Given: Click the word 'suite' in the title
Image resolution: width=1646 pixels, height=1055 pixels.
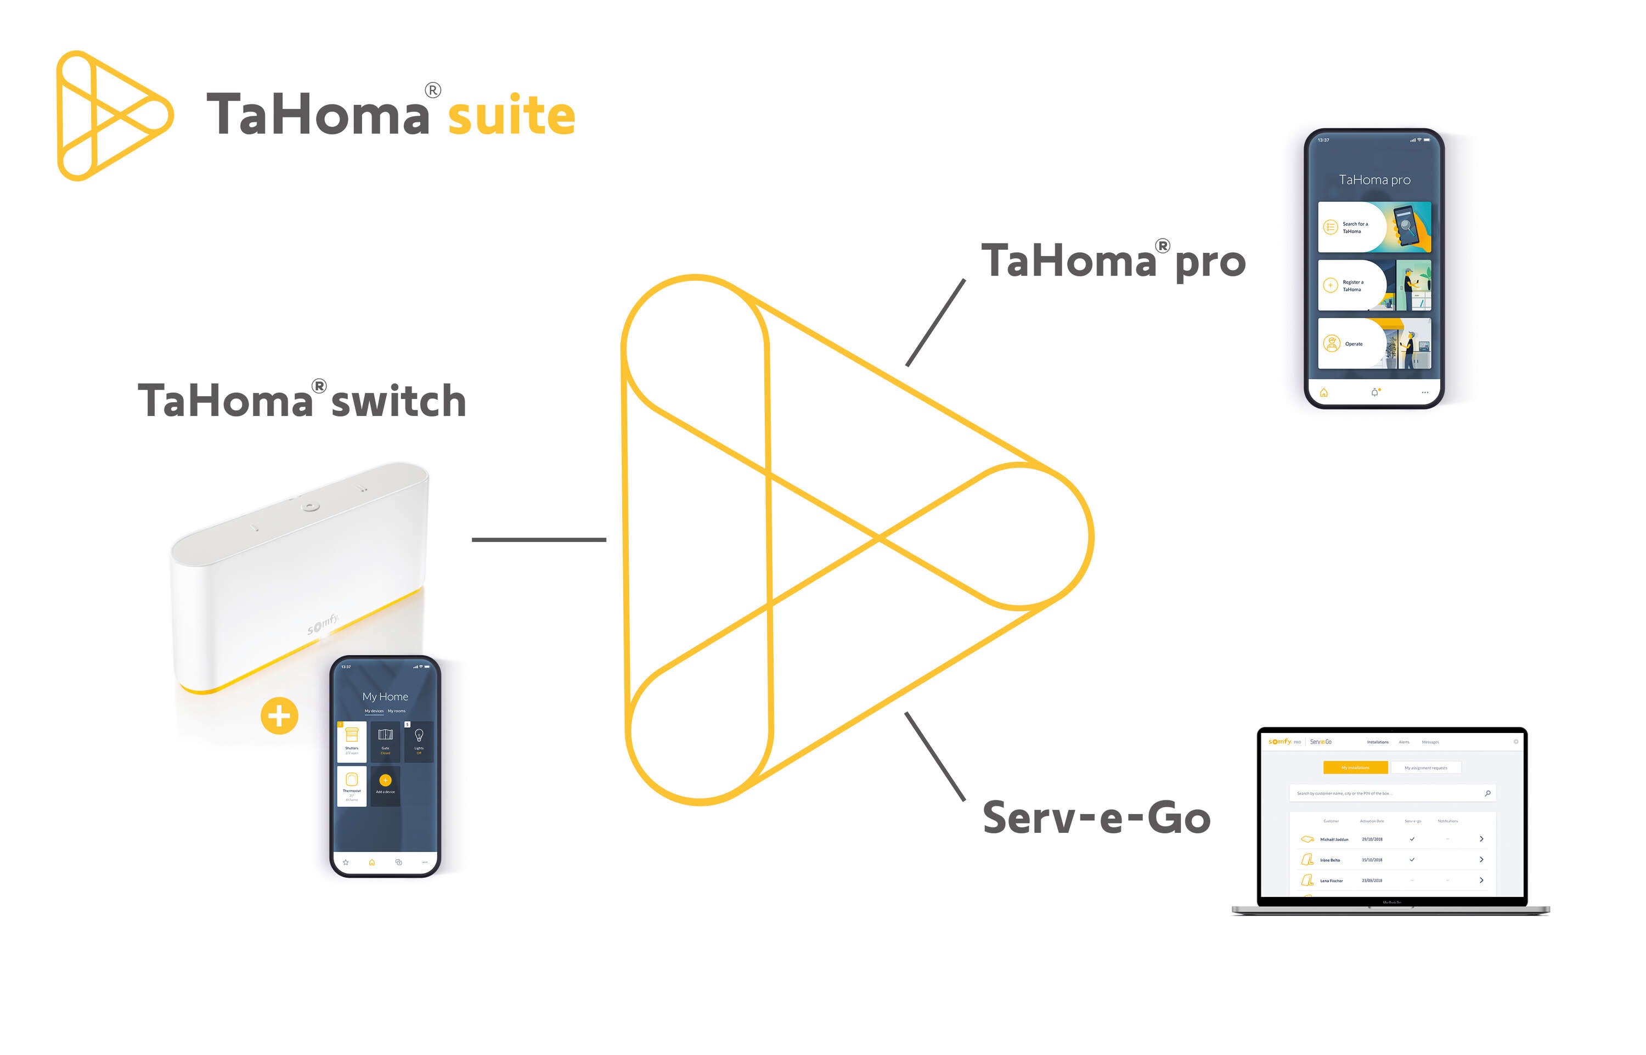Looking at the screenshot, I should [x=511, y=115].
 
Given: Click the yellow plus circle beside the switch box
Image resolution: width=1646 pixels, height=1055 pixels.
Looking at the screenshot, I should [x=279, y=716].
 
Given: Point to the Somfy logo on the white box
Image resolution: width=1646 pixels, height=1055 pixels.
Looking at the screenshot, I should [x=323, y=623].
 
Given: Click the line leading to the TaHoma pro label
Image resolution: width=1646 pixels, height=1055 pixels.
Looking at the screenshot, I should [x=935, y=323].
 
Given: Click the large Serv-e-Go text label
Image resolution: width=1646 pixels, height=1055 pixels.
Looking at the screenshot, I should [x=1096, y=818].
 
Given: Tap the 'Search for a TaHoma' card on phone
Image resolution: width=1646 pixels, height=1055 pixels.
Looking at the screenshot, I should [x=1373, y=227].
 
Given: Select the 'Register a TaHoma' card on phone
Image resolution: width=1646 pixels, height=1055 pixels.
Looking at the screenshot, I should [x=1373, y=285].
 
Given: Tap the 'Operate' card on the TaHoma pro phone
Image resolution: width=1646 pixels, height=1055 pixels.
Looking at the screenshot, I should [x=1373, y=343].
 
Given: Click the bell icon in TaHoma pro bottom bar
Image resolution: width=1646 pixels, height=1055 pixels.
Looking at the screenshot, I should [x=1374, y=393].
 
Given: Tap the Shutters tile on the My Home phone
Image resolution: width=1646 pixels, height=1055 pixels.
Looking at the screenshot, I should [x=351, y=741].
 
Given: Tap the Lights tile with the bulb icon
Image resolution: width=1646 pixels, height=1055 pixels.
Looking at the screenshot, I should [x=419, y=741].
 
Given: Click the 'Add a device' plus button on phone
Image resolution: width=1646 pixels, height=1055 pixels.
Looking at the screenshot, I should [x=385, y=780].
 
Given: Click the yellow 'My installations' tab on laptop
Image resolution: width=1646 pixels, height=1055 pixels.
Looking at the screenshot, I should [x=1355, y=768].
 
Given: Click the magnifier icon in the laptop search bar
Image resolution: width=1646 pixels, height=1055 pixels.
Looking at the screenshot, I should [x=1487, y=793].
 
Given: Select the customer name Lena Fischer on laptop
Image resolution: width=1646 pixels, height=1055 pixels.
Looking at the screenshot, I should [x=1331, y=881].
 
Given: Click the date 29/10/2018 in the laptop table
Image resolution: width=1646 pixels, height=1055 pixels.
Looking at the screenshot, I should [x=1371, y=839].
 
